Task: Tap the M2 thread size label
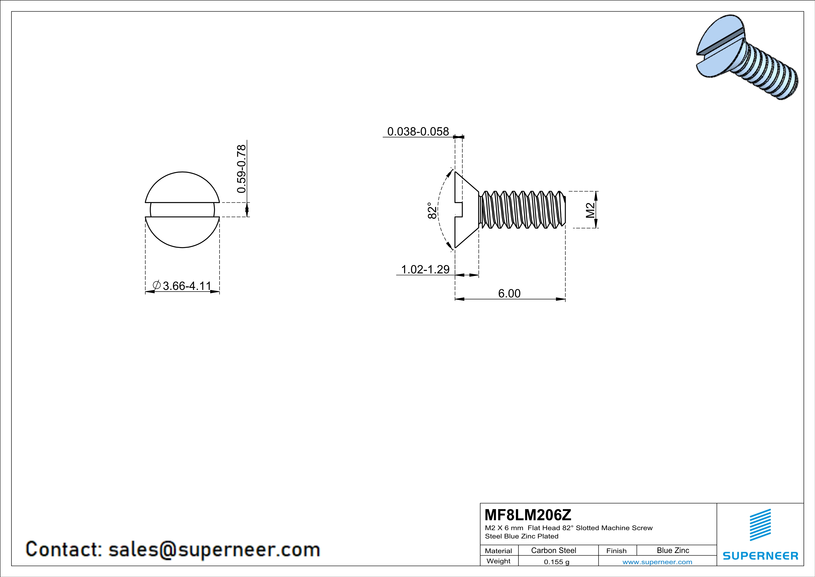coord(590,210)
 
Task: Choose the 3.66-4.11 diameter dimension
coord(187,286)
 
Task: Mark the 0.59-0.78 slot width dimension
coord(241,169)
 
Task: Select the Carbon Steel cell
coord(553,550)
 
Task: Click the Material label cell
coord(498,551)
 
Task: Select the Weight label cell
coord(498,561)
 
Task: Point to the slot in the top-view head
coord(182,210)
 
